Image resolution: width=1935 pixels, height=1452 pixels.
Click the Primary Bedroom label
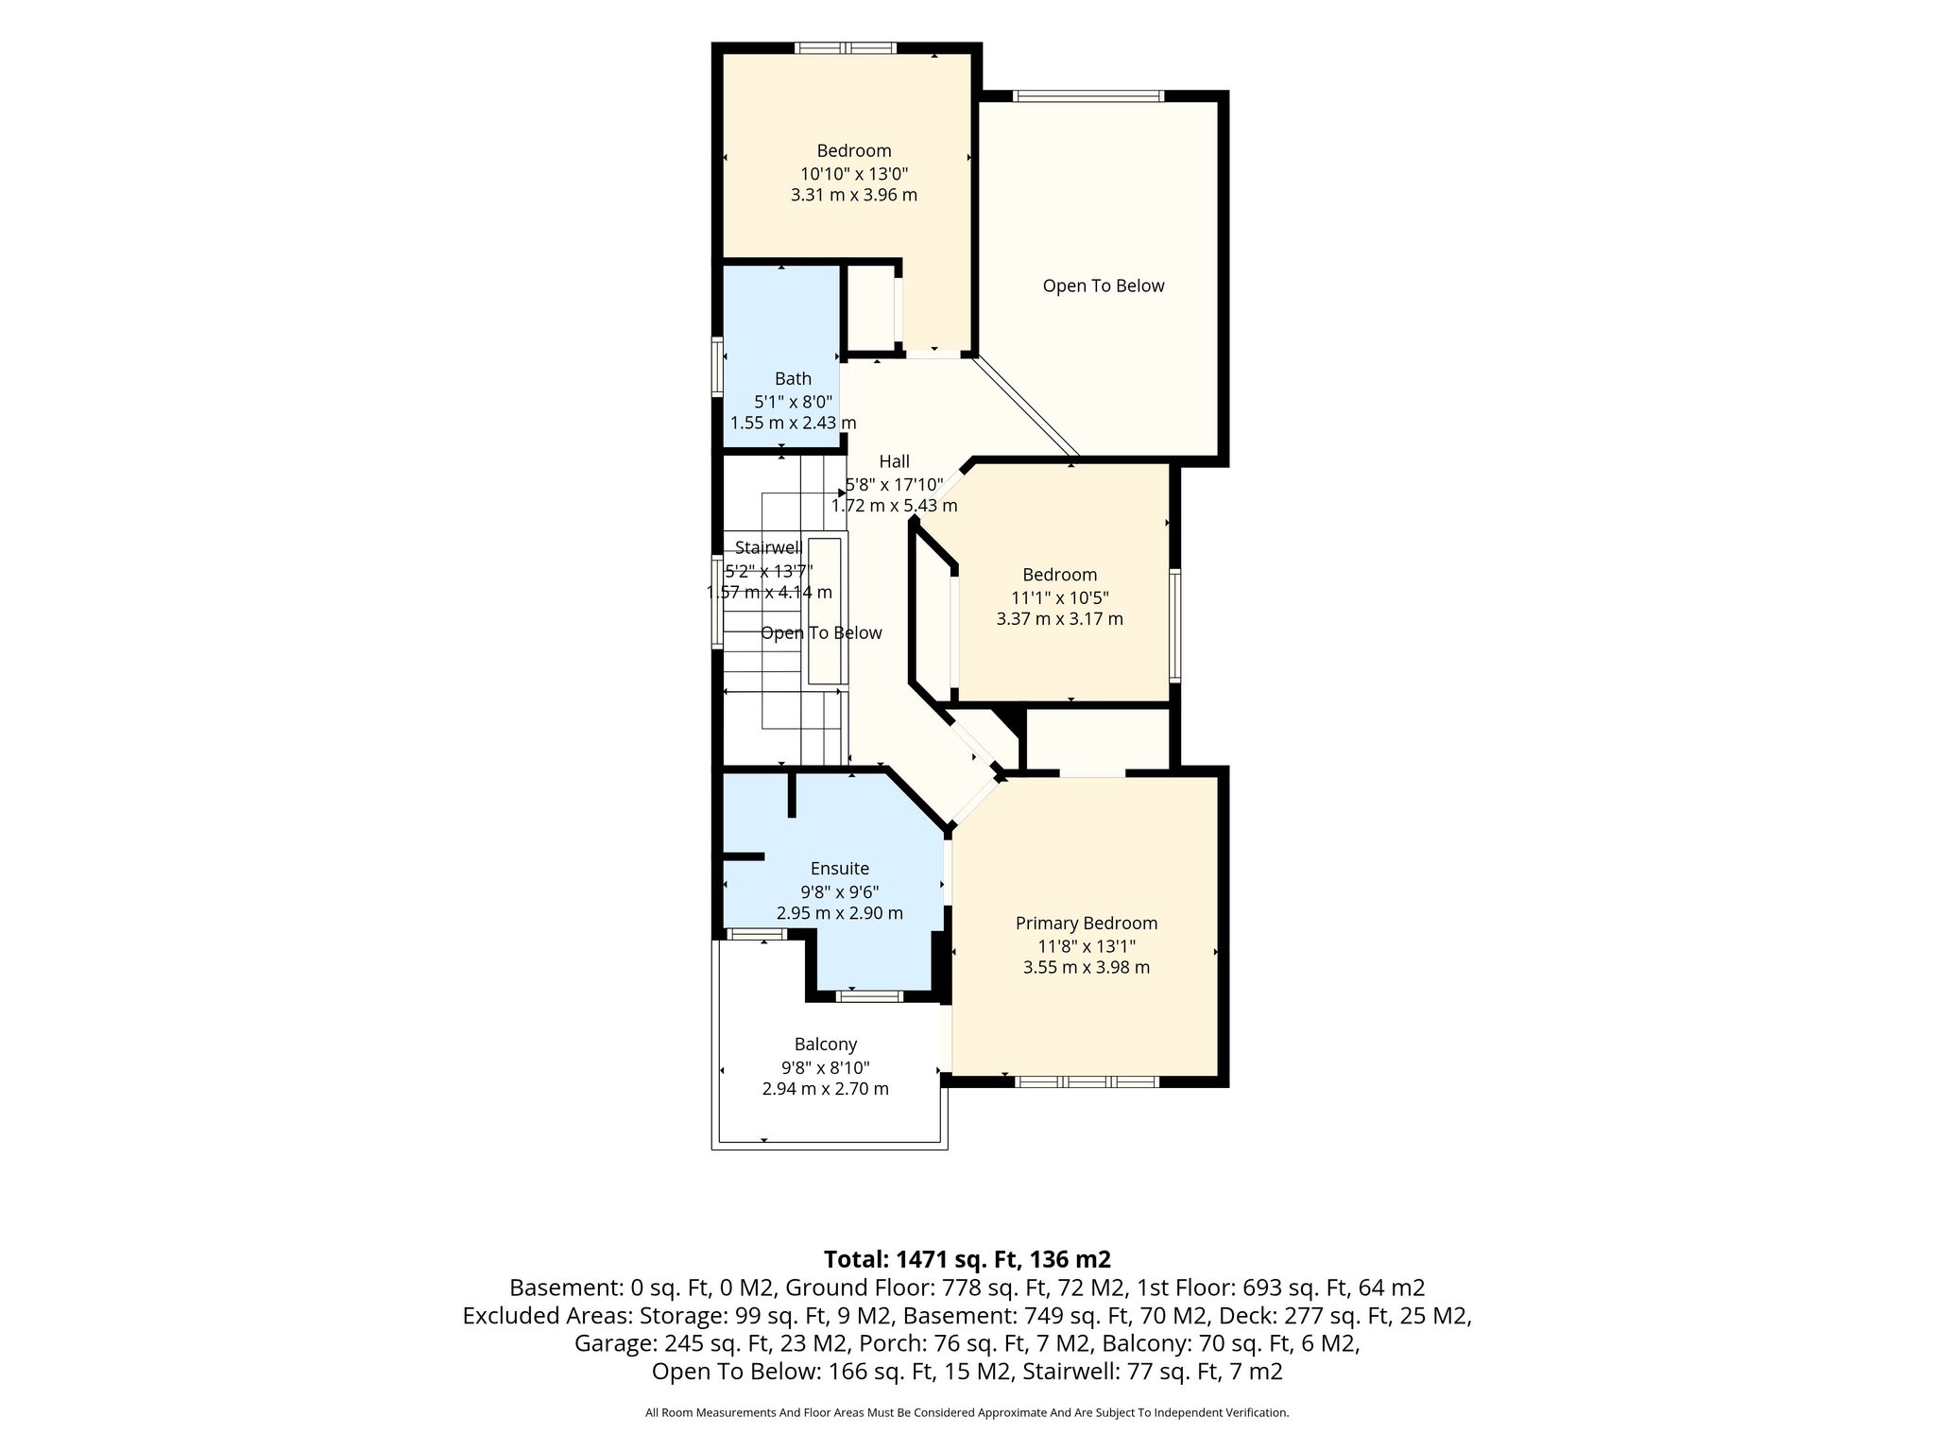pyautogui.click(x=1087, y=923)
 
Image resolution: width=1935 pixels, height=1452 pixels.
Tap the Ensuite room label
pyautogui.click(x=840, y=868)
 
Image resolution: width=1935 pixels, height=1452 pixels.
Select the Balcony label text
pyautogui.click(x=826, y=1044)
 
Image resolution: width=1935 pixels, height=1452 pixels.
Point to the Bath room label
pyautogui.click(x=794, y=378)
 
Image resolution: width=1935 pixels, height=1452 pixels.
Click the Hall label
pyautogui.click(x=895, y=461)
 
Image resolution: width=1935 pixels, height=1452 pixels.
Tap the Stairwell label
pyautogui.click(x=768, y=547)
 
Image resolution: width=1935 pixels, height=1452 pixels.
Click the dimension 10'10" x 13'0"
pyautogui.click(x=854, y=173)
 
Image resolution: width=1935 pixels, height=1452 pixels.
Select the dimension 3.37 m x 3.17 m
pyautogui.click(x=1060, y=619)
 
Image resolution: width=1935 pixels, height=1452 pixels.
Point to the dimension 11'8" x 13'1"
pyautogui.click(x=1087, y=945)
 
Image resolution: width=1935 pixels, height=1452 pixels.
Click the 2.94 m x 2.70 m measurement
pyautogui.click(x=826, y=1089)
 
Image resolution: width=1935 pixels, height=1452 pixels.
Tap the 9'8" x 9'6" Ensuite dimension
pyautogui.click(x=840, y=891)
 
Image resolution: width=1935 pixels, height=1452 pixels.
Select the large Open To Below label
pyautogui.click(x=1104, y=285)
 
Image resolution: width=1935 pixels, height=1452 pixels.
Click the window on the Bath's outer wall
pyautogui.click(x=717, y=366)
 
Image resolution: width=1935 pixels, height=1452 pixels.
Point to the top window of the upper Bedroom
pyautogui.click(x=845, y=48)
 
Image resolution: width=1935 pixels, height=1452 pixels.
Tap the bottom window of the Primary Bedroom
pyautogui.click(x=1087, y=1081)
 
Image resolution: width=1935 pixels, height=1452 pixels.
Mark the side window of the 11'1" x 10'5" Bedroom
pyautogui.click(x=1175, y=625)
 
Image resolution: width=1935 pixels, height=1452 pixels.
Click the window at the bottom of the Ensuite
pyautogui.click(x=870, y=996)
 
